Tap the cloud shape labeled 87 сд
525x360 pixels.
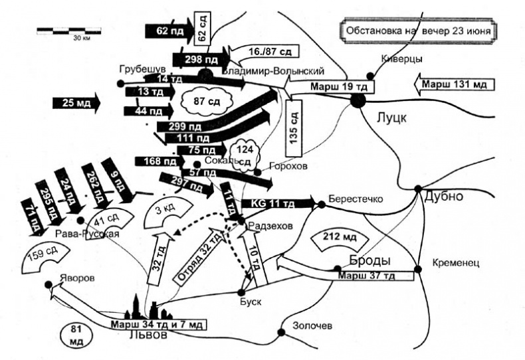pyautogui.click(x=205, y=102)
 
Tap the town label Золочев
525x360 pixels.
pyautogui.click(x=314, y=325)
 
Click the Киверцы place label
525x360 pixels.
pyautogui.click(x=403, y=58)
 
